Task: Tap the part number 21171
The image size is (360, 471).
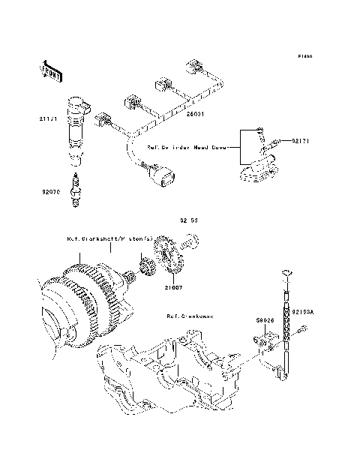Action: coord(48,118)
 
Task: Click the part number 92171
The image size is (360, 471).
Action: coord(301,139)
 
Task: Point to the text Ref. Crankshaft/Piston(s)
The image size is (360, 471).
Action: coord(109,238)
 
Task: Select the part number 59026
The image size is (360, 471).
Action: coord(263,319)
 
